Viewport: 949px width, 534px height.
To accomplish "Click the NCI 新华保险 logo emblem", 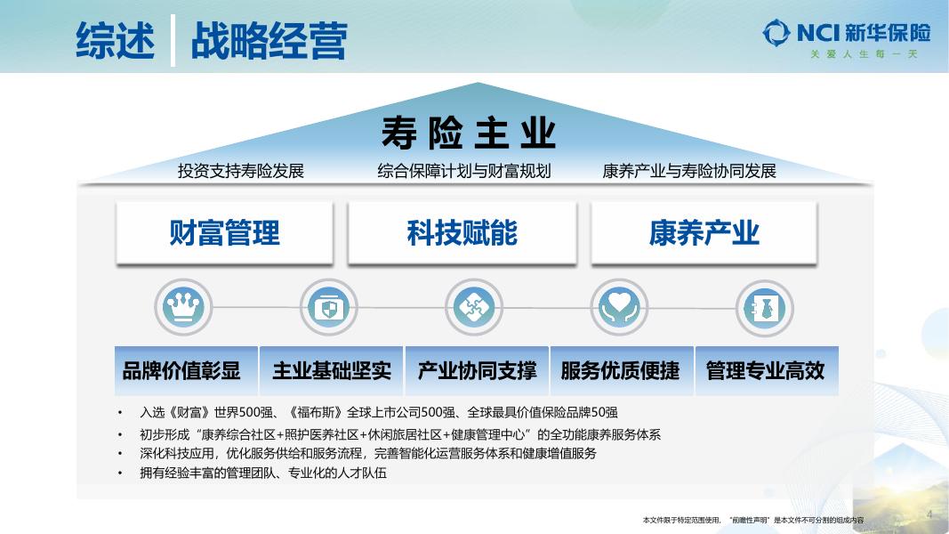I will [776, 34].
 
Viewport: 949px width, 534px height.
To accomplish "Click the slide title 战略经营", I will [269, 41].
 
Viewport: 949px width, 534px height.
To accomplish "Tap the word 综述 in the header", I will [116, 41].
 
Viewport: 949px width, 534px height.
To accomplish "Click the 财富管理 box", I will [224, 233].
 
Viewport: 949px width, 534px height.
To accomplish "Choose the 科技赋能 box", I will [462, 233].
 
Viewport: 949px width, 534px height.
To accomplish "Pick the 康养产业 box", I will [704, 233].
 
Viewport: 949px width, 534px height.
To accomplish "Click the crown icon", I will [184, 307].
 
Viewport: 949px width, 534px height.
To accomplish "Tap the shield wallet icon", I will [328, 307].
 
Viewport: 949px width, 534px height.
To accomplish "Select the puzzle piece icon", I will [474, 307].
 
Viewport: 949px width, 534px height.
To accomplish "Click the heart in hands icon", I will [620, 307].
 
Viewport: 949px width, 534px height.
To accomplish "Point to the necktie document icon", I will [764, 307].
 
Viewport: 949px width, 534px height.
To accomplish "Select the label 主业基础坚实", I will [331, 370].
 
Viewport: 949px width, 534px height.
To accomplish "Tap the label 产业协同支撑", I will [477, 370].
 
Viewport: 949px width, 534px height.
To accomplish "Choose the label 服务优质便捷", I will [620, 370].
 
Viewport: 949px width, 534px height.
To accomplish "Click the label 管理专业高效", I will [766, 370].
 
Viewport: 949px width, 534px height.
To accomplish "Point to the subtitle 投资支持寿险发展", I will [241, 171].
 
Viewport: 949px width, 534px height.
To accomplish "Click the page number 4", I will [929, 514].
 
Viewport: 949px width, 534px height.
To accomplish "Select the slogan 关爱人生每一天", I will [863, 54].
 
